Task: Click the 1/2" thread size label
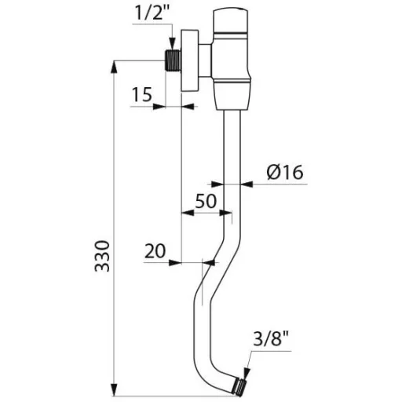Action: pos(152,15)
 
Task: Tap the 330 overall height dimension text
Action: pos(102,257)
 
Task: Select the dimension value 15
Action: pos(141,94)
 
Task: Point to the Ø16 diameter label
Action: pos(285,172)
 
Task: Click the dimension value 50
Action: pos(206,201)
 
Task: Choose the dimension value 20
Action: pos(155,250)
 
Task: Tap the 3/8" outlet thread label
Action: pos(271,339)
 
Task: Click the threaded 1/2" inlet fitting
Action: pos(174,60)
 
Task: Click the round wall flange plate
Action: pos(190,60)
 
